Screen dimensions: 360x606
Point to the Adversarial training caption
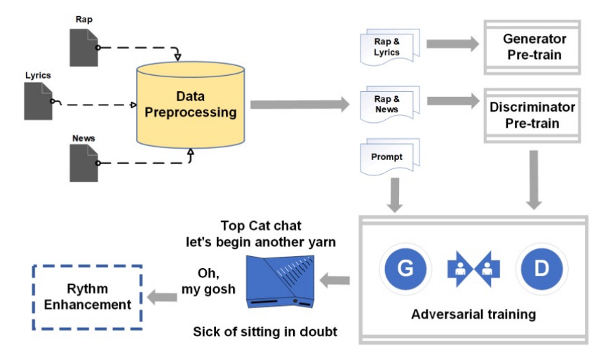473,314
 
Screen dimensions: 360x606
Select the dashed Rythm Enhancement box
88,297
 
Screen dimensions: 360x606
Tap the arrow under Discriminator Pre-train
533,179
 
